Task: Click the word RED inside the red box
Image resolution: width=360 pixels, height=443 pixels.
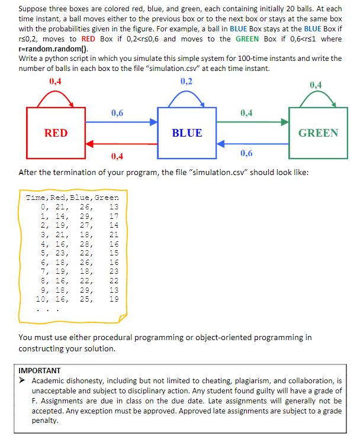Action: click(56, 133)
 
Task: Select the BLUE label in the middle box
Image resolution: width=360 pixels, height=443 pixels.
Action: click(187, 133)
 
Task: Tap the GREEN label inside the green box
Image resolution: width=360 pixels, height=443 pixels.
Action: click(318, 133)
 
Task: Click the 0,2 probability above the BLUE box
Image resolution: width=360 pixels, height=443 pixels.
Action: click(186, 82)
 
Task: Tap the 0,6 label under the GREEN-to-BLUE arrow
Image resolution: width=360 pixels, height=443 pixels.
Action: click(246, 154)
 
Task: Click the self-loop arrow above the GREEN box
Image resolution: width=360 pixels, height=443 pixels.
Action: click(317, 98)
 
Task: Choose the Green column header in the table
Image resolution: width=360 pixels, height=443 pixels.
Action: click(106, 198)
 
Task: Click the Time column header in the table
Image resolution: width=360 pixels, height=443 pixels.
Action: click(36, 198)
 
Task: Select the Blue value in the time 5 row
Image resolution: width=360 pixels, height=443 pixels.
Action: click(86, 253)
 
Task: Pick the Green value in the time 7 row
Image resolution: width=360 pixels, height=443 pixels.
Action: click(114, 271)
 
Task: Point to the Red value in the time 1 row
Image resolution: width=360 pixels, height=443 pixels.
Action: click(60, 216)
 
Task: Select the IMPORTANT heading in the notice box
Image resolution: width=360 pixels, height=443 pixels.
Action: click(39, 370)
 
